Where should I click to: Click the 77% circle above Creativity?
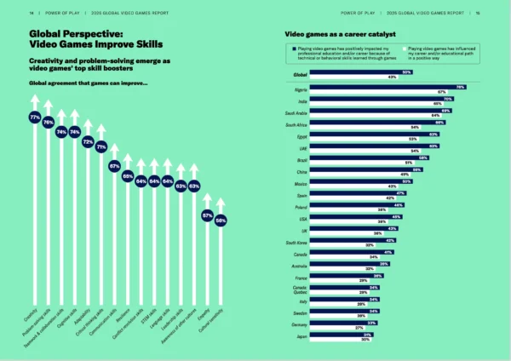(35, 117)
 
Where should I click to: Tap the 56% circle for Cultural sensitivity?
(221, 221)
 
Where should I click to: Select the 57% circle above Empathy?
(207, 216)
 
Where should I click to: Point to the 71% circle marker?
(101, 146)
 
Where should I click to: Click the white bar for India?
(378, 103)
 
